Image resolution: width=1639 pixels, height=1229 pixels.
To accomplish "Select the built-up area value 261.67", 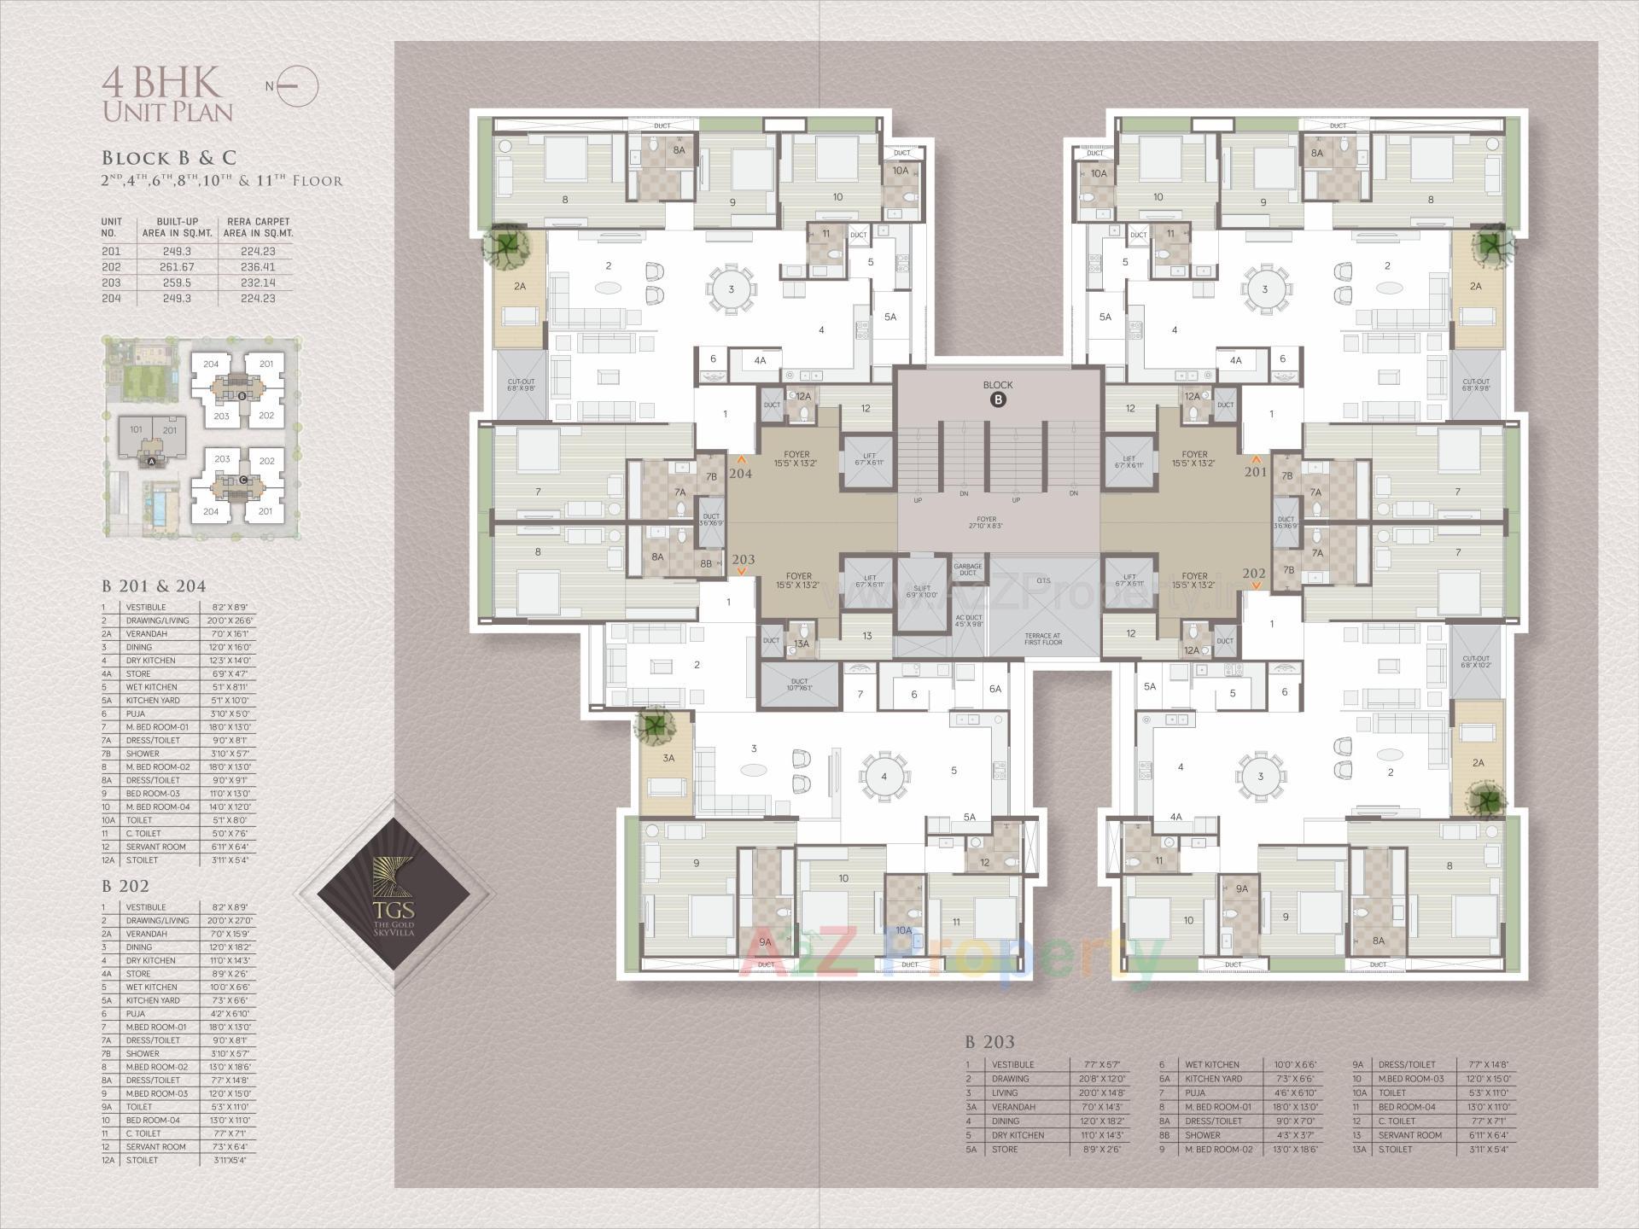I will [177, 267].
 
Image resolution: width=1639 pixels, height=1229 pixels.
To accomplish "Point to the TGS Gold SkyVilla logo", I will [394, 894].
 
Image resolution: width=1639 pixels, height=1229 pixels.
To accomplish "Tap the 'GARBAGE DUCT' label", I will [967, 569].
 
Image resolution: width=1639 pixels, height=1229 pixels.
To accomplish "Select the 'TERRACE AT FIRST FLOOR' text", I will [1043, 638].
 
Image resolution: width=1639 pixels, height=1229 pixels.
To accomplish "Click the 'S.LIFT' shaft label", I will [922, 591].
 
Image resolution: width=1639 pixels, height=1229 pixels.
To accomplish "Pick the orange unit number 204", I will [740, 473].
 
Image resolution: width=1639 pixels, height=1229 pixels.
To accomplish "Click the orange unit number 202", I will [1253, 574].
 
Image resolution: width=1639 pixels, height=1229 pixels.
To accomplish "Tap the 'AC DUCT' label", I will [968, 620].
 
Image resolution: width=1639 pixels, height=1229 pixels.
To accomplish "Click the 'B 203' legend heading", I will [989, 1041].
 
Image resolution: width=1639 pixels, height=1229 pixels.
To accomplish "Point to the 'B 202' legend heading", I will [125, 886].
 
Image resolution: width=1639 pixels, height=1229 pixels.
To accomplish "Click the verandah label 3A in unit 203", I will [668, 758].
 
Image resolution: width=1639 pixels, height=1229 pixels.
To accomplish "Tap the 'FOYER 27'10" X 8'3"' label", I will [987, 522].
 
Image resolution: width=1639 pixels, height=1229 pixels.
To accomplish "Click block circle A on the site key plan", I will [151, 462].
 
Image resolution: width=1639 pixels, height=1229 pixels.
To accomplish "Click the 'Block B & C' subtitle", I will [169, 158].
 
